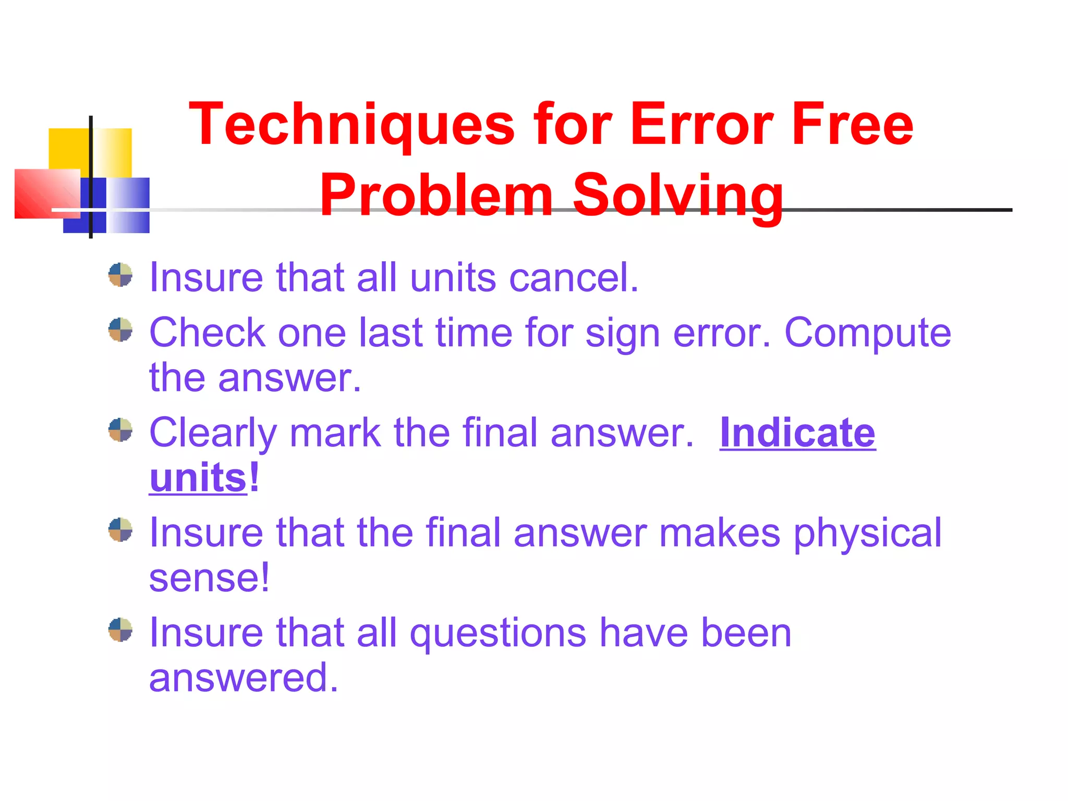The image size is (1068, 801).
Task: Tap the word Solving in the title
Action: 678,196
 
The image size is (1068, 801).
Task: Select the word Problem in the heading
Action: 436,196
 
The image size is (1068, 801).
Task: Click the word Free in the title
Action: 852,125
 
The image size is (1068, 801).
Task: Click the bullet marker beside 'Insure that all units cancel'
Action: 120,275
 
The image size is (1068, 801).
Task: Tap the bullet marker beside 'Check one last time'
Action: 120,330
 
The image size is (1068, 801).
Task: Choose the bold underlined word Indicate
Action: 797,433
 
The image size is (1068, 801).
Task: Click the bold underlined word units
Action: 198,478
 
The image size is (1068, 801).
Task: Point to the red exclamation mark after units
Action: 254,477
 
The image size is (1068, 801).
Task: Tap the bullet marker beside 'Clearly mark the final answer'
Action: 120,430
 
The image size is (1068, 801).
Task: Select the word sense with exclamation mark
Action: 209,578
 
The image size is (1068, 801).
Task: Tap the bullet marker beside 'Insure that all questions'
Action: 120,630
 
